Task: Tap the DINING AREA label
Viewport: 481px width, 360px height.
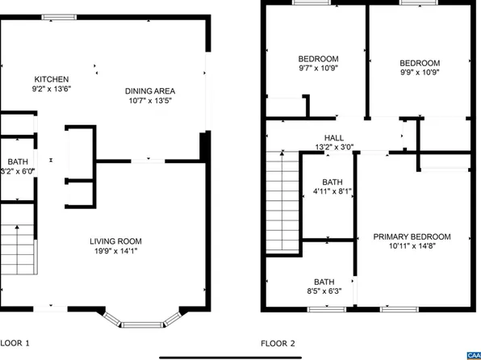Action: point(150,90)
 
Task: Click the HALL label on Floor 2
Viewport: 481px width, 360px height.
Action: point(334,138)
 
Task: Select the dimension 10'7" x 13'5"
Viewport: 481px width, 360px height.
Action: point(150,101)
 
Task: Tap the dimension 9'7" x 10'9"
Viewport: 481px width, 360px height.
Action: point(318,69)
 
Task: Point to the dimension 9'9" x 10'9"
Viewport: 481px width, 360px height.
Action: point(420,73)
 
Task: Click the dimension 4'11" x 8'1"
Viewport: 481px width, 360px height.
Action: point(332,192)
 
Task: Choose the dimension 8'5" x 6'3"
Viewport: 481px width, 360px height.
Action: point(324,292)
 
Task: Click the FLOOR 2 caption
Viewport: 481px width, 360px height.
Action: point(278,344)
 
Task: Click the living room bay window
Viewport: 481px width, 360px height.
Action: point(144,323)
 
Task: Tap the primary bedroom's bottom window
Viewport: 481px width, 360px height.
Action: point(399,309)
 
